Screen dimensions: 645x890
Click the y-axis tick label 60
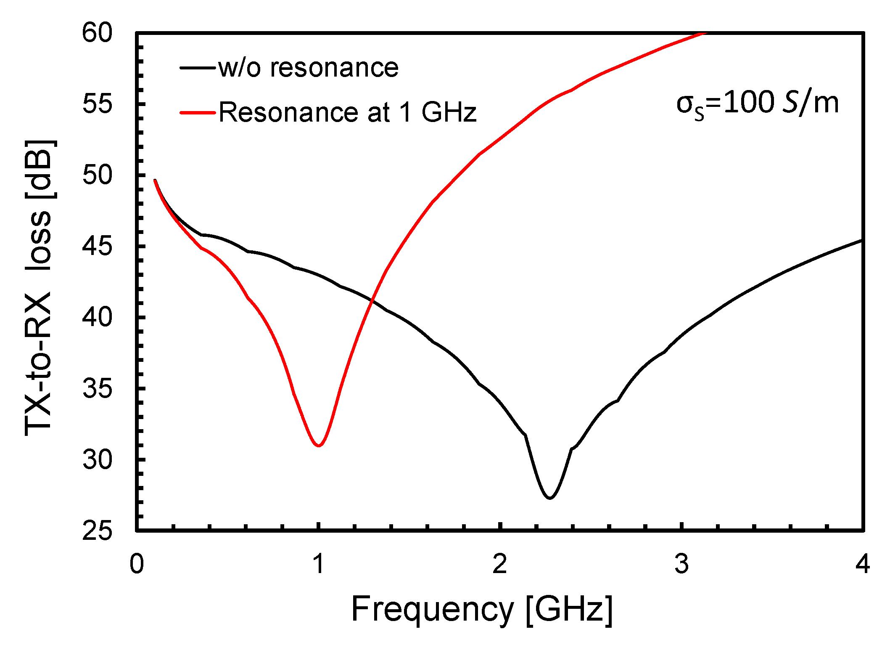(98, 33)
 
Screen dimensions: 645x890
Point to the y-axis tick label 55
(98, 104)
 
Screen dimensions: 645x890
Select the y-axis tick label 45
(98, 246)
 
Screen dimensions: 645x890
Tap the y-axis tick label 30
(98, 459)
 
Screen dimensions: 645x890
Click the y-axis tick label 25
(98, 531)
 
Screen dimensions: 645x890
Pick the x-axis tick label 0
(137, 564)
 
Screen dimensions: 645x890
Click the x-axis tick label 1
(319, 564)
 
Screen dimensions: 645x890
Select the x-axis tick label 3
(681, 564)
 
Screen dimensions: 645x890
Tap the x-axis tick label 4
(862, 564)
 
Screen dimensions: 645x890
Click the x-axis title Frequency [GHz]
(482, 609)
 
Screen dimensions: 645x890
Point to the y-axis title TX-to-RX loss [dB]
(39, 288)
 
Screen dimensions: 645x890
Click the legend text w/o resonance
(308, 68)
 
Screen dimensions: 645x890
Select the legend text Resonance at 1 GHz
(347, 112)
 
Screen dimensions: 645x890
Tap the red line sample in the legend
(197, 112)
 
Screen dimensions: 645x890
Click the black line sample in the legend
(197, 68)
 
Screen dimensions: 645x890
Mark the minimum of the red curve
(319, 446)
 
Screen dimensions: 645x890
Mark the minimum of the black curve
(549, 498)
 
